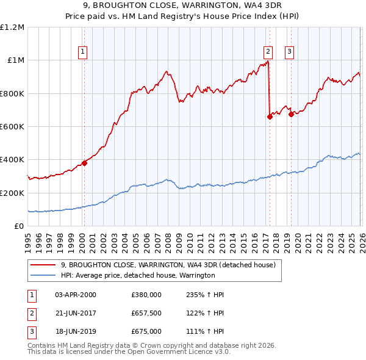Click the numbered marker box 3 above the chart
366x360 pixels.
tap(290, 52)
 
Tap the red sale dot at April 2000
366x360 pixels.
tap(84, 163)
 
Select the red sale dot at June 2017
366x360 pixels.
tap(270, 117)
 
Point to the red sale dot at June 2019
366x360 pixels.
tap(291, 114)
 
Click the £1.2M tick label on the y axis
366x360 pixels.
tap(12, 27)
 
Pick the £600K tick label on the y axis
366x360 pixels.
tap(12, 127)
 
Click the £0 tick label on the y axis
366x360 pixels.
tap(20, 226)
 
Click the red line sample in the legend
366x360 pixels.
tap(44, 265)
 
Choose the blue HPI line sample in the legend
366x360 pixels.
tap(44, 275)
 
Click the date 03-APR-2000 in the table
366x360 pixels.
tap(76, 295)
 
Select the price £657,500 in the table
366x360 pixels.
tap(146, 313)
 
